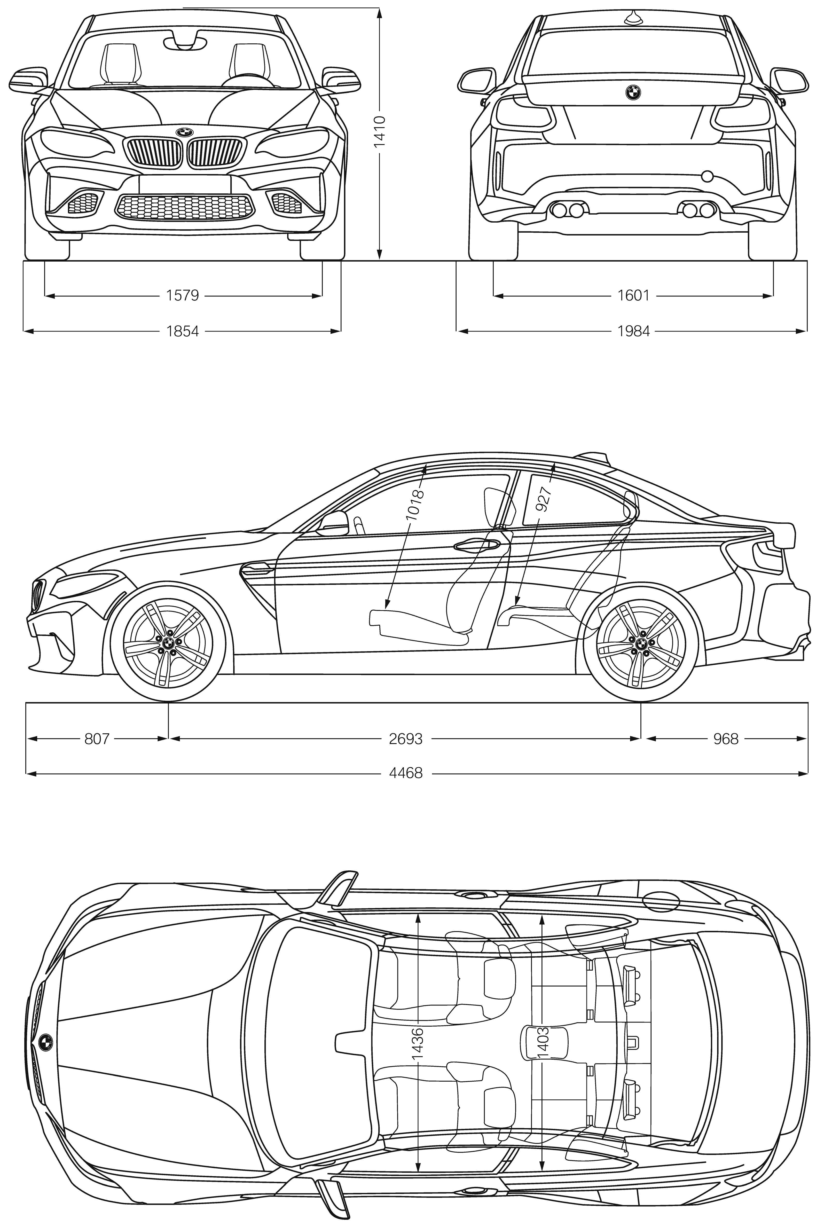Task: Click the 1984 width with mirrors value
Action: [633, 331]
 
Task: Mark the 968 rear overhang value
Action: [725, 738]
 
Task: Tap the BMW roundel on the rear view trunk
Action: [633, 92]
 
